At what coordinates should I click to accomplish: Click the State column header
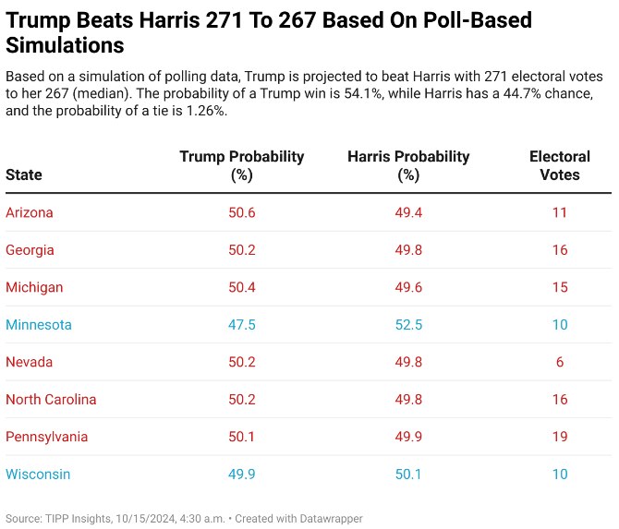coord(24,174)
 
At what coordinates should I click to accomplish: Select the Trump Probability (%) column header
coord(241,165)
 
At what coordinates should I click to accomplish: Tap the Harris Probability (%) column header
coord(408,165)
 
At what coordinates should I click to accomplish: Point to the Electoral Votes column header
coord(560,165)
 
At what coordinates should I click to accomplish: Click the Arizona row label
coord(30,212)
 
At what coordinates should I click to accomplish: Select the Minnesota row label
coord(39,325)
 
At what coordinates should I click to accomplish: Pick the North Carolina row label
coord(51,400)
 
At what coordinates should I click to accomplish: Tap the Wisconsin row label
coord(38,475)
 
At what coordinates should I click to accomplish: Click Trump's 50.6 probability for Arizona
coord(241,212)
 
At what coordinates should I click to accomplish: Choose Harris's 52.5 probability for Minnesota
coord(408,325)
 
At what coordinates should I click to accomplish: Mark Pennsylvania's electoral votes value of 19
coord(560,437)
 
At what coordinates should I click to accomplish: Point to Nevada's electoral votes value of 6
coord(560,362)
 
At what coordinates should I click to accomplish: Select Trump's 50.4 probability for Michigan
coord(241,287)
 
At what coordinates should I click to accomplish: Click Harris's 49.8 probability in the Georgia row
coord(408,250)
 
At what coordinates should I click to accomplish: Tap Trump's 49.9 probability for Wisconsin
coord(241,475)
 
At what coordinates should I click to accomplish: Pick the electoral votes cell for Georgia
coord(560,250)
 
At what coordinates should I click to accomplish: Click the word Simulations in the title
coord(65,44)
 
